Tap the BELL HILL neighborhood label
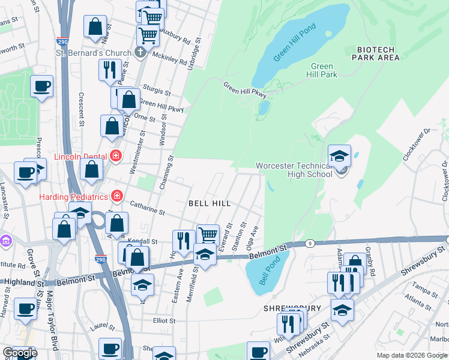pos(209,204)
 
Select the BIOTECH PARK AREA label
pos(378,53)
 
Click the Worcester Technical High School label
pos(294,170)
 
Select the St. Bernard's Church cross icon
pos(140,53)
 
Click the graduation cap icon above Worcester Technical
pos(339,156)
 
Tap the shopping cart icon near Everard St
pos(208,235)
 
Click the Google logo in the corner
pos(20,353)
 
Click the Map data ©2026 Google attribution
pos(412,355)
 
